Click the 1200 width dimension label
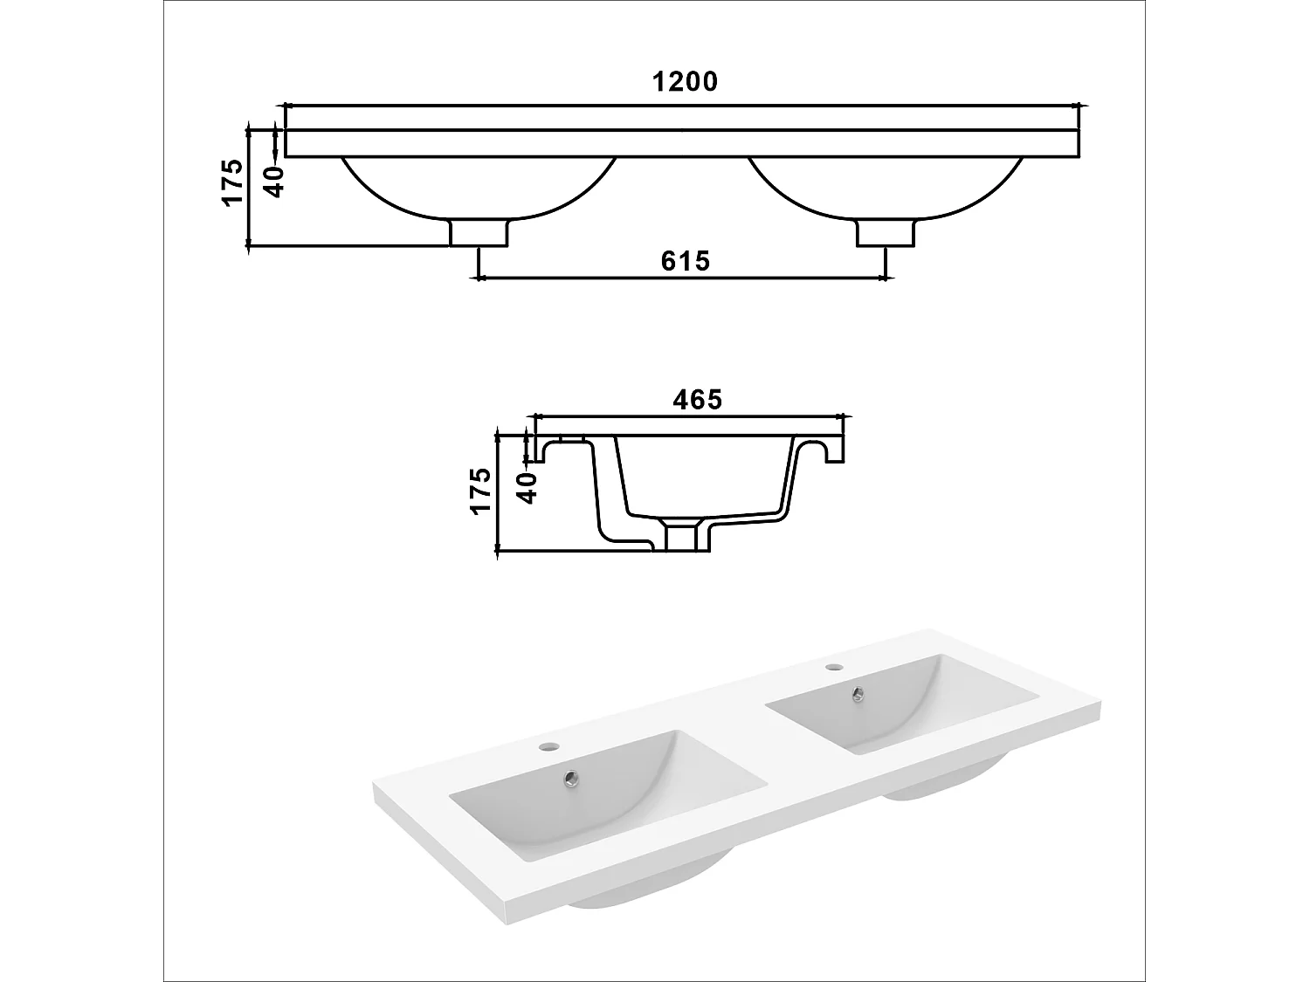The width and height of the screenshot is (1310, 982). coord(685,82)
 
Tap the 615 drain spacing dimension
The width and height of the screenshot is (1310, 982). coord(685,261)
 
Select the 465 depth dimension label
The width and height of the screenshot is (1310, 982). coord(698,400)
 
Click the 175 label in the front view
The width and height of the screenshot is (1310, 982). coord(232,182)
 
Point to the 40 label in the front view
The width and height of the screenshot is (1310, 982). coord(273,182)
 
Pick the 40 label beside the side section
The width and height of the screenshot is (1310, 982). coord(526,487)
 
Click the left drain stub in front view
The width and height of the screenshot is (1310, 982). coord(479,233)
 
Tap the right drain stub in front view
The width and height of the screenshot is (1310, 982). coord(886,233)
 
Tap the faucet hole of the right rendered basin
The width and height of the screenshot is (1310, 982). coord(834,669)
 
